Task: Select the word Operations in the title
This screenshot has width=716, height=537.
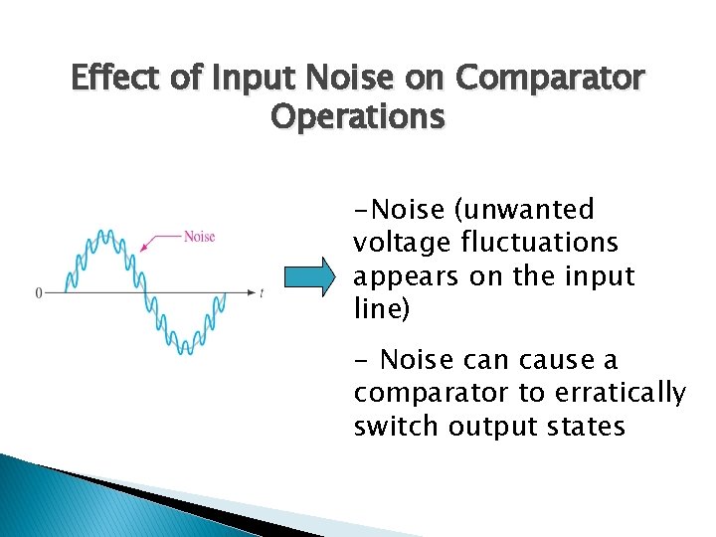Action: coord(358,116)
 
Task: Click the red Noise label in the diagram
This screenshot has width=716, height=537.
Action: coord(199,236)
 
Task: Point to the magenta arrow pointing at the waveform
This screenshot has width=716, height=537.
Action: coord(161,240)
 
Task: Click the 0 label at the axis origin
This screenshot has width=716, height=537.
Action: coord(39,293)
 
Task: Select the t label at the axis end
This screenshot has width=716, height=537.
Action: coord(261,293)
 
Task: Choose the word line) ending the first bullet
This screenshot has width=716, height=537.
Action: coord(381,310)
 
